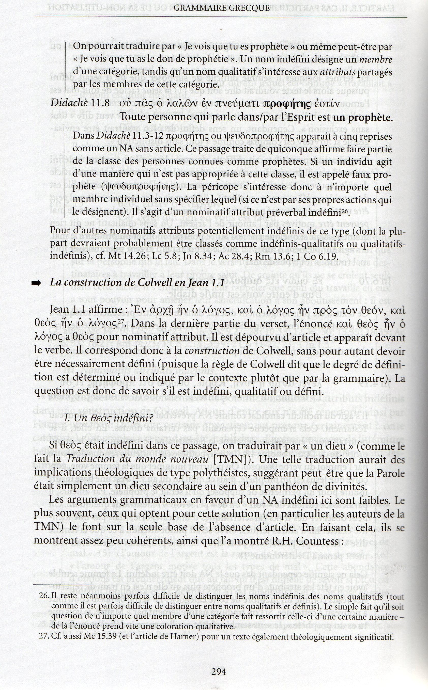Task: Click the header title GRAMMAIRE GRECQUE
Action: coord(221,8)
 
